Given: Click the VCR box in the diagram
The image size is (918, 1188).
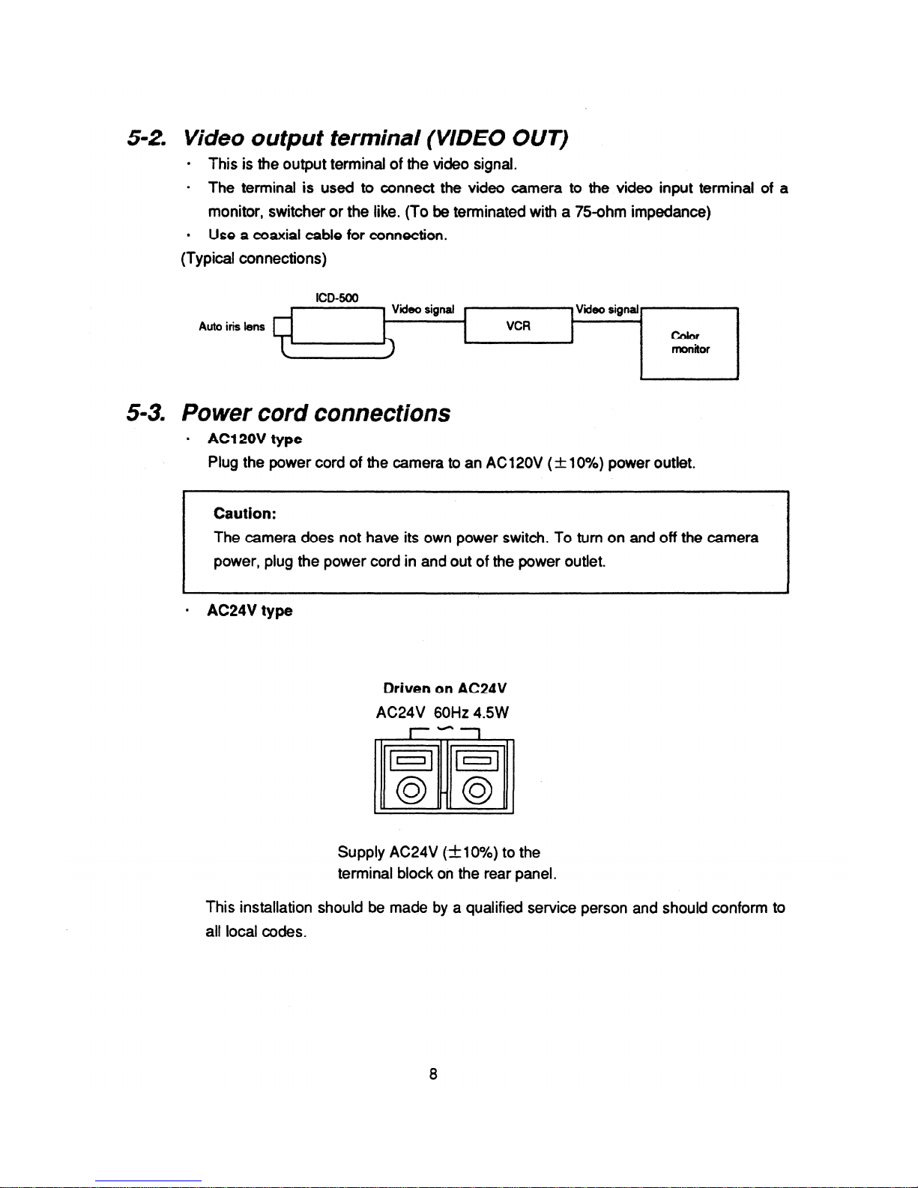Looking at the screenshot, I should pyautogui.click(x=519, y=326).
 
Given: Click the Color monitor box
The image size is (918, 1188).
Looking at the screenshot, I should pyautogui.click(x=689, y=343).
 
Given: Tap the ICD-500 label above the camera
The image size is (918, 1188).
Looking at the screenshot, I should pyautogui.click(x=336, y=298).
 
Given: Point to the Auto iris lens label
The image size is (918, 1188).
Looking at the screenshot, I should pyautogui.click(x=232, y=326).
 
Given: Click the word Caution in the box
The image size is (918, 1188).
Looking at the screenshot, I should pyautogui.click(x=245, y=513).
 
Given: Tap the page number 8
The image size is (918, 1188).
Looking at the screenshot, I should pyautogui.click(x=433, y=1073).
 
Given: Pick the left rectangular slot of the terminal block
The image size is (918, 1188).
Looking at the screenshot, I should pyautogui.click(x=411, y=761).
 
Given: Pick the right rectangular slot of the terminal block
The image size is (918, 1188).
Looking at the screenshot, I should pyautogui.click(x=477, y=761).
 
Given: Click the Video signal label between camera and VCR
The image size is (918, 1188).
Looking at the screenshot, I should pyautogui.click(x=423, y=310).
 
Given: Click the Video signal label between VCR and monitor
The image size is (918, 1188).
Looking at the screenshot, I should pyautogui.click(x=607, y=310).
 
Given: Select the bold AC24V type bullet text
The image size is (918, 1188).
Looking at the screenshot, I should pyautogui.click(x=250, y=611).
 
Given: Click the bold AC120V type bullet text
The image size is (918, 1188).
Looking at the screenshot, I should pyautogui.click(x=255, y=438).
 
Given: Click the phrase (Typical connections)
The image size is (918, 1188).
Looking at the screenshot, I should pyautogui.click(x=253, y=259).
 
